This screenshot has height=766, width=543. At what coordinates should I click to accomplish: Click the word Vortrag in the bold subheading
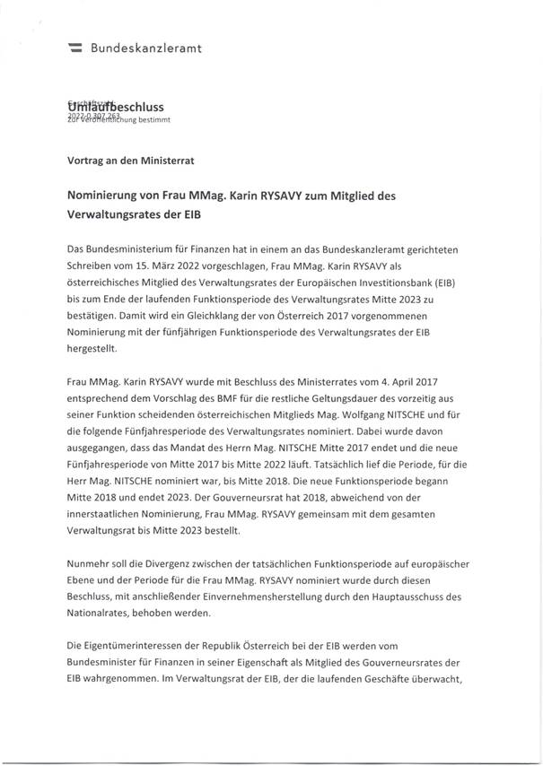tap(86, 161)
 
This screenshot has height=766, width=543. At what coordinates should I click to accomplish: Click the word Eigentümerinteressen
tap(130, 646)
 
